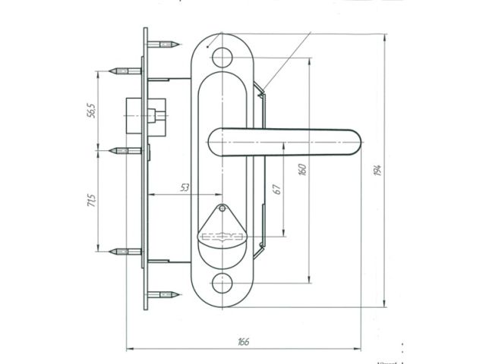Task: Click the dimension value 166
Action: (x=244, y=342)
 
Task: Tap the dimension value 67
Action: (x=278, y=189)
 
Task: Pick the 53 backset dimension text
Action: (x=186, y=187)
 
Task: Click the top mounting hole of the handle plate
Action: (x=222, y=56)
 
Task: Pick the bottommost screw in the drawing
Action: (x=165, y=293)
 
